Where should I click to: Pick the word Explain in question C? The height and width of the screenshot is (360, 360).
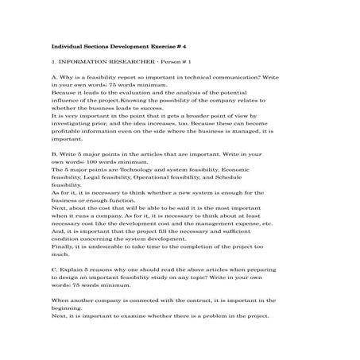pos(70,270)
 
